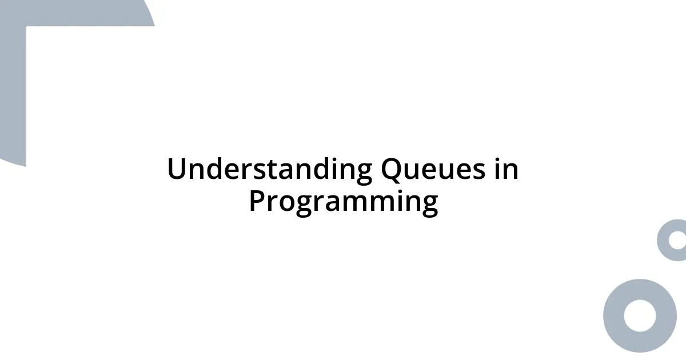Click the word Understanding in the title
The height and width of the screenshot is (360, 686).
pos(269,170)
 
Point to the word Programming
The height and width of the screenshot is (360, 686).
pos(343,201)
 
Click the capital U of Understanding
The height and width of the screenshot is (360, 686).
pos(177,170)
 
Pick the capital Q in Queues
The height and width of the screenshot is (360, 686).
pos(392,170)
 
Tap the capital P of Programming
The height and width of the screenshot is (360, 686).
pos(257,201)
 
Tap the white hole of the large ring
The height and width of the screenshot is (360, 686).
pos(640,315)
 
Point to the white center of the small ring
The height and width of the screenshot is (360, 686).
pos(678,240)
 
